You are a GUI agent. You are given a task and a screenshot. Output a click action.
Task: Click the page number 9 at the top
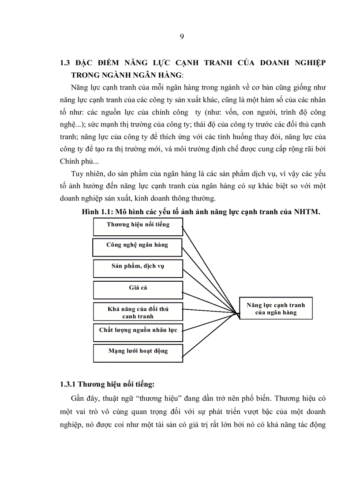[182, 37]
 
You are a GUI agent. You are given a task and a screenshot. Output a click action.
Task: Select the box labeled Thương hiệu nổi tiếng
[138, 225]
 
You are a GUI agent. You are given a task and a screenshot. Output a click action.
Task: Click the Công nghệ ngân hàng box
[137, 245]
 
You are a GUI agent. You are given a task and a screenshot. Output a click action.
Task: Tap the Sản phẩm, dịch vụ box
[138, 267]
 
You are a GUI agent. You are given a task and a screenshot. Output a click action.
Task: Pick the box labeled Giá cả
[138, 288]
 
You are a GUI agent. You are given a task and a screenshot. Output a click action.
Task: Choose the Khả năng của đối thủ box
[138, 312]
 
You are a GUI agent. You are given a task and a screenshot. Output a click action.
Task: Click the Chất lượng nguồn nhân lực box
[138, 330]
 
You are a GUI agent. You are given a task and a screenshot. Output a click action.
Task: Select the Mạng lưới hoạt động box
[138, 351]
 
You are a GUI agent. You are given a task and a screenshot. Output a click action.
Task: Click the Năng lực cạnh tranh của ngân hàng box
[275, 309]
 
